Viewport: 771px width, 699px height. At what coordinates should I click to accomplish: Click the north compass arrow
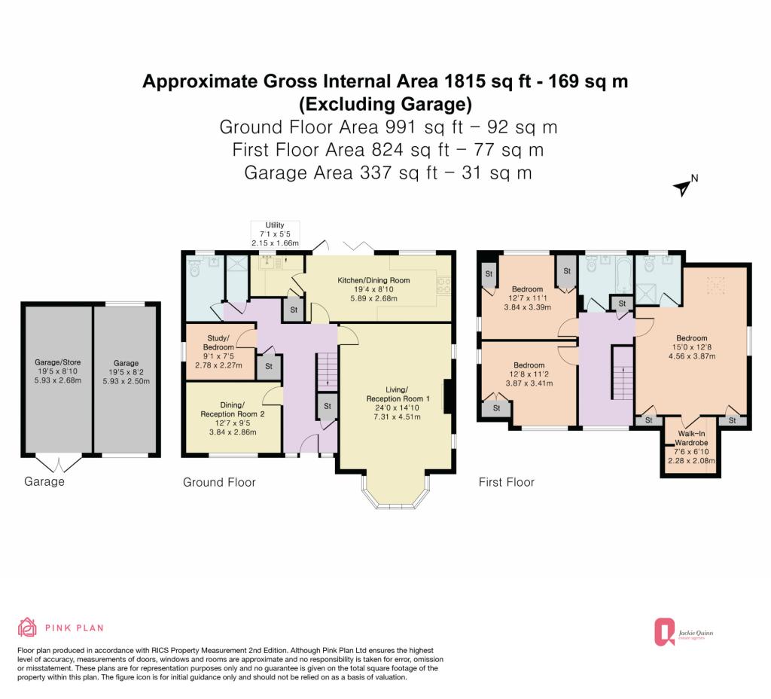pos(682,188)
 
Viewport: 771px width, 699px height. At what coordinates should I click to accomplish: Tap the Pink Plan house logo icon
pos(27,627)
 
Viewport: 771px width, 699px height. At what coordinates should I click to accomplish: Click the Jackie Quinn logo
pos(684,632)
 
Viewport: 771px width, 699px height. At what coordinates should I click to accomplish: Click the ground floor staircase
pos(326,370)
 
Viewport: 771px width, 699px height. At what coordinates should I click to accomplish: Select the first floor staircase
pos(623,373)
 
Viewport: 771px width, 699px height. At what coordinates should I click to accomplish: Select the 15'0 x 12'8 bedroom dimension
pos(692,347)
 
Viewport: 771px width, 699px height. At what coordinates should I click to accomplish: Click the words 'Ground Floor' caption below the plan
pos(219,482)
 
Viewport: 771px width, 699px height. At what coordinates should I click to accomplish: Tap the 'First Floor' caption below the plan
pos(507,482)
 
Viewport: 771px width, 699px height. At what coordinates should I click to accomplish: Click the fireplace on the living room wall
pos(448,396)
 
